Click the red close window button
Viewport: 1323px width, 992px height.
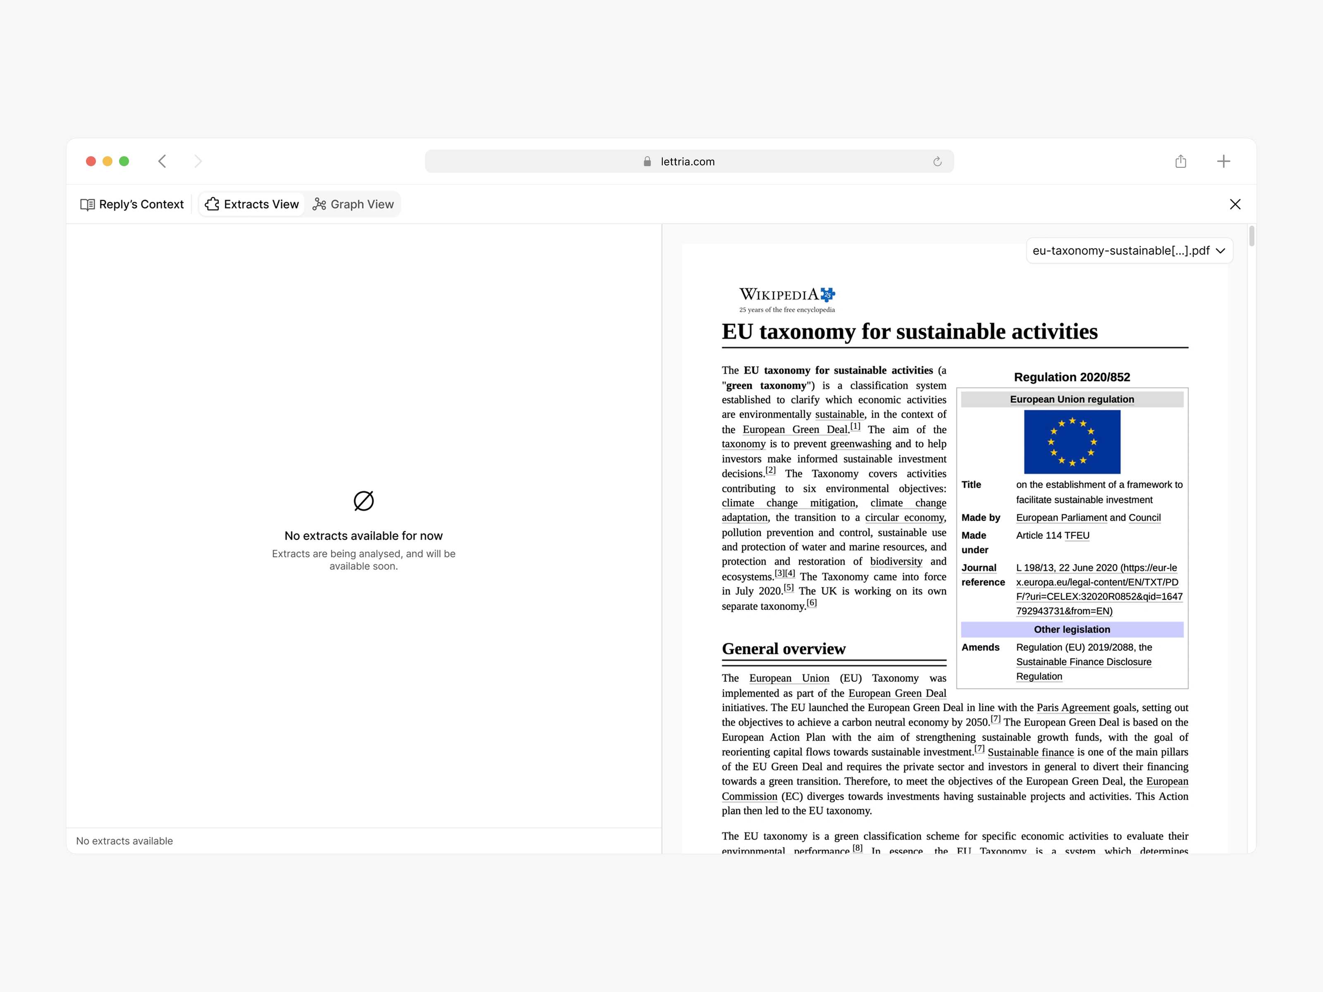tap(91, 162)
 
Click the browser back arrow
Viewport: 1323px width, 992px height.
tap(162, 162)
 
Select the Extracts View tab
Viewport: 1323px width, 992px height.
tap(252, 205)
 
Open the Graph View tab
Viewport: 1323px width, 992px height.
tap(353, 205)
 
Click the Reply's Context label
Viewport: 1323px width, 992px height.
tap(133, 205)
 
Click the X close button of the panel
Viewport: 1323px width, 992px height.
tap(1235, 205)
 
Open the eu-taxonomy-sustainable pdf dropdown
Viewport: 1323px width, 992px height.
tap(1129, 250)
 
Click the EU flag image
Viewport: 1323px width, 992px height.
tap(1072, 442)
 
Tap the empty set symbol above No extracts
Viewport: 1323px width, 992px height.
tap(364, 501)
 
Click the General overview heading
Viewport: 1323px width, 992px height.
tap(783, 649)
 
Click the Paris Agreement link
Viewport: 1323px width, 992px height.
tap(1073, 707)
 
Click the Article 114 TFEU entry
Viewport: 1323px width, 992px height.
tap(1053, 535)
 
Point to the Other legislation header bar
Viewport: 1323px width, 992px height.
tap(1072, 629)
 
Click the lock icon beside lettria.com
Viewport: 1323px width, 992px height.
tap(647, 162)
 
